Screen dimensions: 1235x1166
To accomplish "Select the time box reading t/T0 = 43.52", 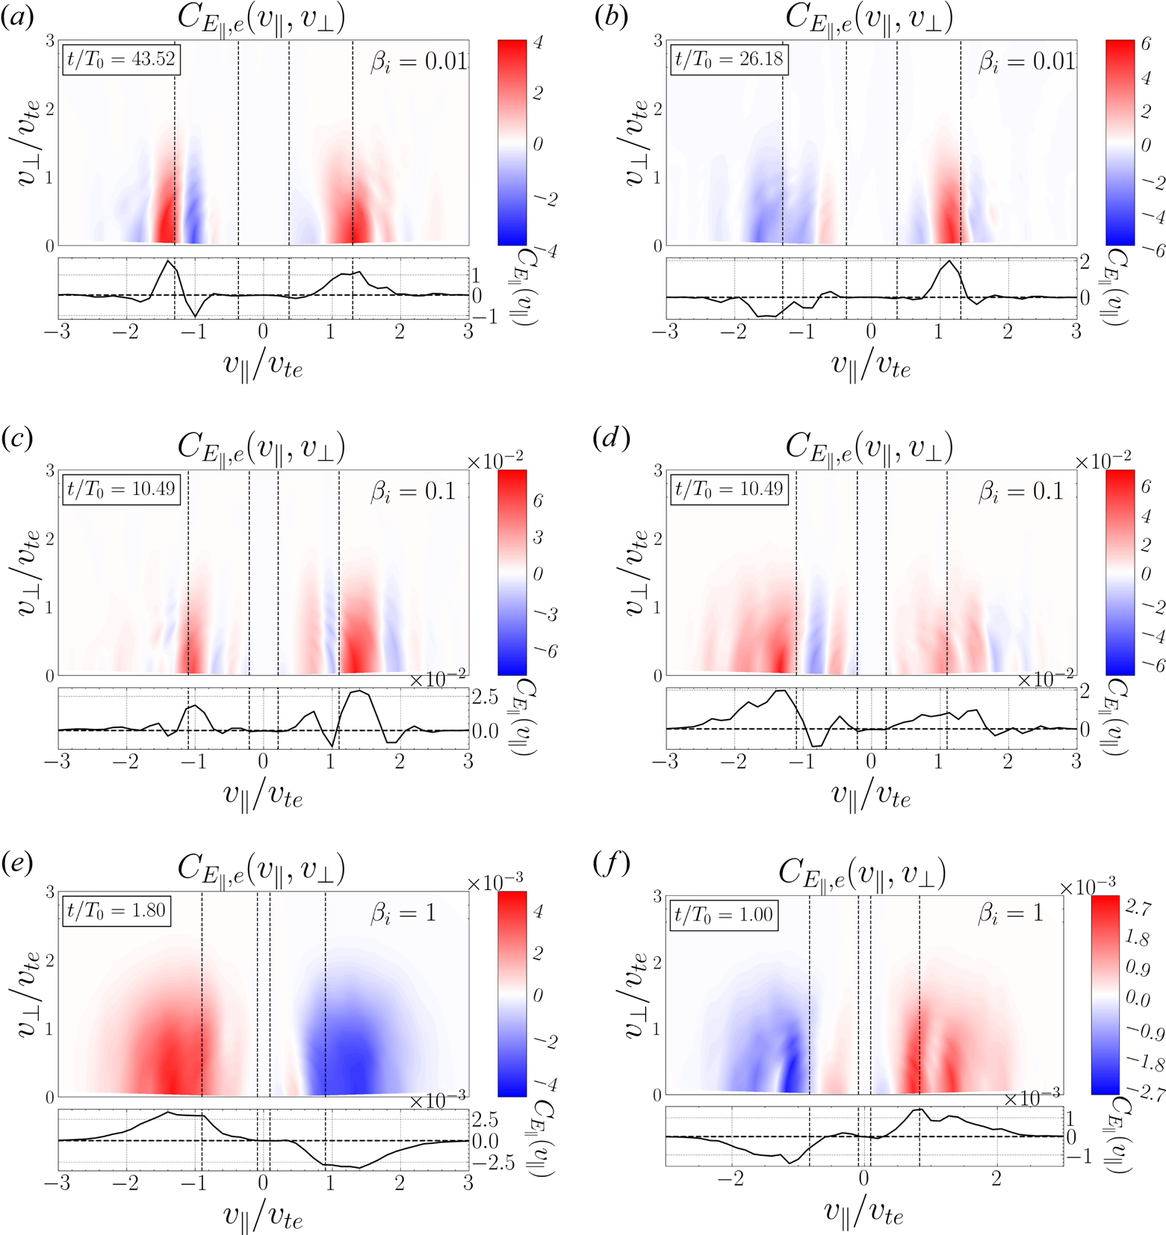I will pos(121,59).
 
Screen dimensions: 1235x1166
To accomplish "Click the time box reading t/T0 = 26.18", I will pos(728,59).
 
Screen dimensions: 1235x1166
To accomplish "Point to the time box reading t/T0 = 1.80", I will pos(116,911).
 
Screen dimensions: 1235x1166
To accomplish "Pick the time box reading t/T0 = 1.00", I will pos(723,915).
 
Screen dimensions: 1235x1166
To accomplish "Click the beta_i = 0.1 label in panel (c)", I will pos(413,492).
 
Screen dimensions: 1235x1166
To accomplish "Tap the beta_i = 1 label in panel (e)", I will pos(403,913).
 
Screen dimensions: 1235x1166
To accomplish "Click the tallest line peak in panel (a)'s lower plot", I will pos(169,261).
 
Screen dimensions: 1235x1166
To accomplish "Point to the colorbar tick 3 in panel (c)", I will pos(536,538).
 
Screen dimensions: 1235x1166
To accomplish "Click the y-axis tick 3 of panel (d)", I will pos(657,470).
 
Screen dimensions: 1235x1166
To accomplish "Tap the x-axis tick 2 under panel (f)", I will pos(996,1178).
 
